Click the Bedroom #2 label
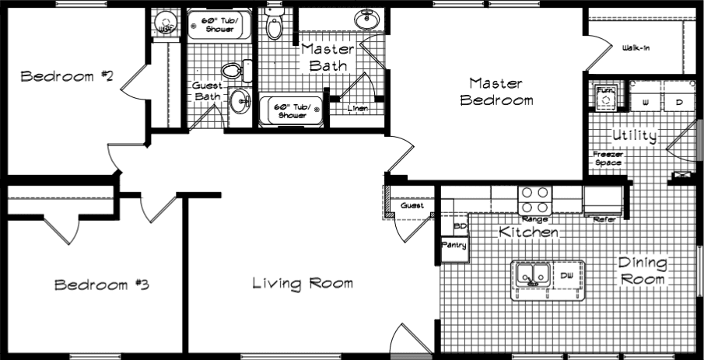(x=68, y=76)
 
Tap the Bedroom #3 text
(x=101, y=285)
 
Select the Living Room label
(x=303, y=283)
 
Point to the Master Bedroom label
(x=496, y=92)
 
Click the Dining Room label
(x=642, y=271)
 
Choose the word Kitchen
(x=528, y=232)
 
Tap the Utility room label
(x=634, y=135)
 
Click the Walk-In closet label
(x=636, y=48)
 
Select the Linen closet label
(x=358, y=108)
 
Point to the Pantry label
(x=454, y=245)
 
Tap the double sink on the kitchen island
(x=531, y=274)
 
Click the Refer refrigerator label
(x=604, y=219)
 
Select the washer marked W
(x=645, y=102)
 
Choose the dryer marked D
(x=678, y=102)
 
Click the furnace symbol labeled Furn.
(x=604, y=96)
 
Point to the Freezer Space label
(x=607, y=158)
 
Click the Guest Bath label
(x=208, y=91)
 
